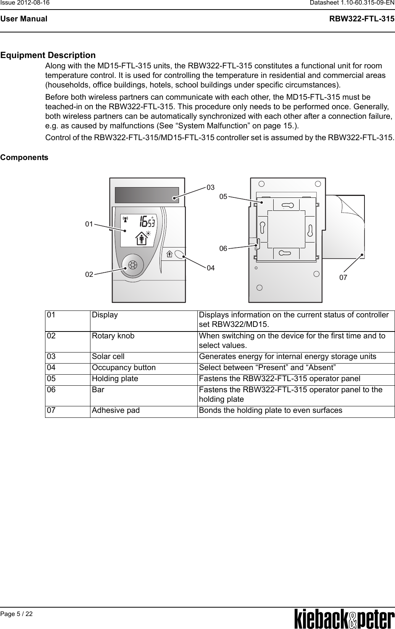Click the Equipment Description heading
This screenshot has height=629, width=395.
48,56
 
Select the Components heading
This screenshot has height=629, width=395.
24,157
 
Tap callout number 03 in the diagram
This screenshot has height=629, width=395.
211,188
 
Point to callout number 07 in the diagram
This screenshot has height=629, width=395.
343,278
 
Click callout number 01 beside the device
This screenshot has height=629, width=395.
89,224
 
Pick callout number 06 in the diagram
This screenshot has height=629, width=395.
223,249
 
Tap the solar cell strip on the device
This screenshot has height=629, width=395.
147,195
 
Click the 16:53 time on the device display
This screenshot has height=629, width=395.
147,221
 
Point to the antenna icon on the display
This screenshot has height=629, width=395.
126,220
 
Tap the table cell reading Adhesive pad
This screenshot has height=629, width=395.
116,411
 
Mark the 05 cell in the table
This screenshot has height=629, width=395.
51,379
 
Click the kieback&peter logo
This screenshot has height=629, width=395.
344,619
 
